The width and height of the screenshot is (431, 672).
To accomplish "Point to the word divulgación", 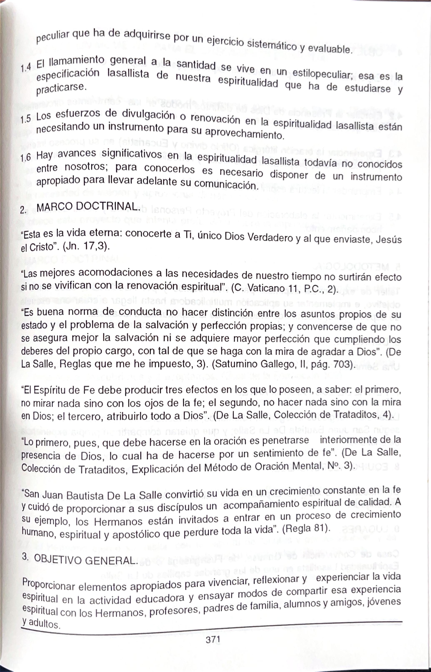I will point(149,115).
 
